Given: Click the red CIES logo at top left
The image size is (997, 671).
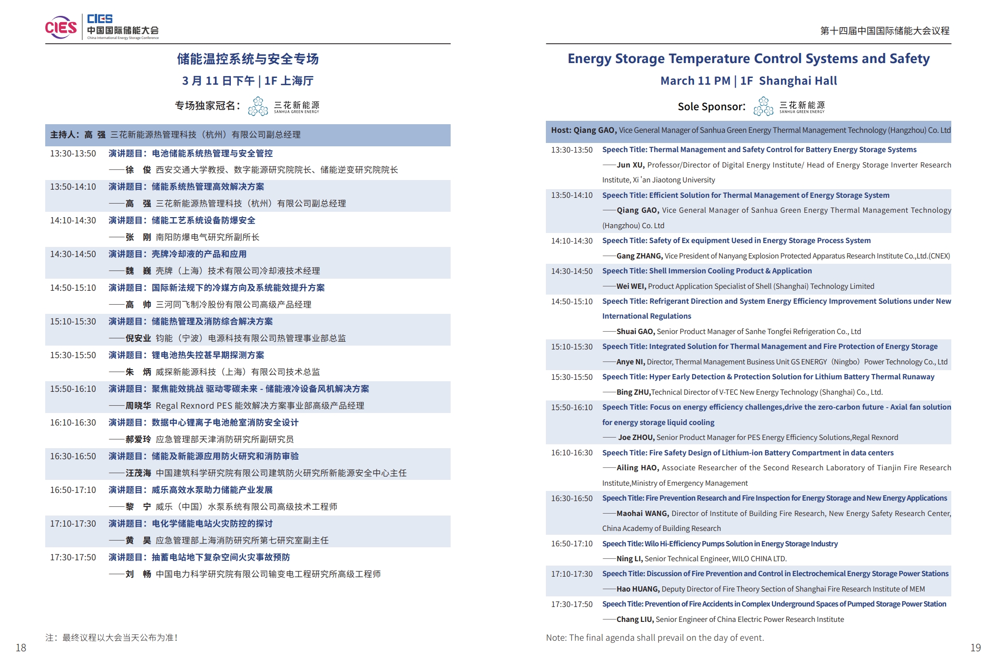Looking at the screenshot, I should coord(61,27).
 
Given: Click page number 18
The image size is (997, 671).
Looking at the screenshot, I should coord(21,648).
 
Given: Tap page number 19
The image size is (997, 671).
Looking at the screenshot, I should coord(975,648).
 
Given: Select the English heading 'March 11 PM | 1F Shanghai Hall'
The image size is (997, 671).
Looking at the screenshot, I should coord(748,81).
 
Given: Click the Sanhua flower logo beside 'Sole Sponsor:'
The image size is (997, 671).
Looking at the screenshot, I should coord(763,106).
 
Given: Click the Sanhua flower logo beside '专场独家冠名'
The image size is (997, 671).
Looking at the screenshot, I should coord(258,106).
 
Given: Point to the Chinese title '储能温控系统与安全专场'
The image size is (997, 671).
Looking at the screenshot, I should coord(248,59).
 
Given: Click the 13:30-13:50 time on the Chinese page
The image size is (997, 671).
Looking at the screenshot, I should coord(73,154).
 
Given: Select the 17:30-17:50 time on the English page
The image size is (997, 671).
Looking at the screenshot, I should coord(572,605).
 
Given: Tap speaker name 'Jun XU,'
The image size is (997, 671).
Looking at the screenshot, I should coord(631,165).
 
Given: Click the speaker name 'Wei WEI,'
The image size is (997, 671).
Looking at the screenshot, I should coord(631,286).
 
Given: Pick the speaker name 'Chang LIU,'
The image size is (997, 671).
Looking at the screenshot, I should coord(635,619).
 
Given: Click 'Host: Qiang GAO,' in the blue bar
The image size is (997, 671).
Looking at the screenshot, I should coord(583,130).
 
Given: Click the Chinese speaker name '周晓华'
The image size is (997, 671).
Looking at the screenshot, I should coord(138,406).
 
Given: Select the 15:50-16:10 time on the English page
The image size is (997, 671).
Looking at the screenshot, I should coord(572,408).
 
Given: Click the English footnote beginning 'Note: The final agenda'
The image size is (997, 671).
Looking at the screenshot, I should coord(655,638).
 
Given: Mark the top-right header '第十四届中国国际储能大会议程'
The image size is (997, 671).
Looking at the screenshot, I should coord(884,31).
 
